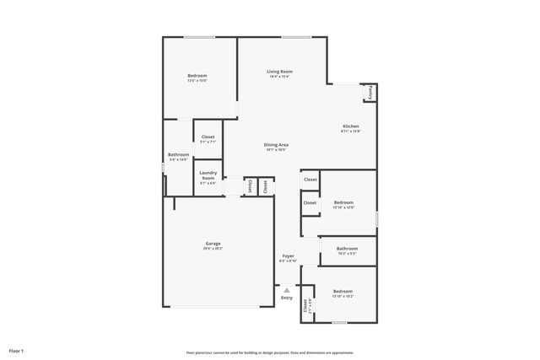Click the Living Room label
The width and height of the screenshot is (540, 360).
[x=279, y=72]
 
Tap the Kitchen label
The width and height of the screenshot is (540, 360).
[x=350, y=126]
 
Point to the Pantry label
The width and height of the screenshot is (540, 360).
[x=370, y=92]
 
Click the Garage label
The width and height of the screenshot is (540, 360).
[x=213, y=244]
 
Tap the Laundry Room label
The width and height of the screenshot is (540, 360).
[x=208, y=175]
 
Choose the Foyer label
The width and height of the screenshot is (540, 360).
[x=288, y=255]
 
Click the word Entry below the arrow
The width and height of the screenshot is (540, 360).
[x=287, y=298]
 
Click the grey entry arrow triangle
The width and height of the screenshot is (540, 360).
[x=287, y=289]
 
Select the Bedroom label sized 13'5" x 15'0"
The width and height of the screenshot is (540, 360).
[x=197, y=76]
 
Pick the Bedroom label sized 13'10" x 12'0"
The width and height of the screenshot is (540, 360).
[x=343, y=202]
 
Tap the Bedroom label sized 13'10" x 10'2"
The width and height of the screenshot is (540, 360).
[x=343, y=292]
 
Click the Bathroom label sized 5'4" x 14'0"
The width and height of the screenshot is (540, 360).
[x=178, y=154]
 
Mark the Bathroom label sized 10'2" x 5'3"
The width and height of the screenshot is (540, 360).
[x=347, y=249]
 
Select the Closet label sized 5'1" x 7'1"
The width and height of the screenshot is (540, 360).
[x=208, y=137]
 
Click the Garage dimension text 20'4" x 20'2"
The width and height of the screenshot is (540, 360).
[x=213, y=249]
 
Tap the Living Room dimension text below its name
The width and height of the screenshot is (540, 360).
[x=279, y=77]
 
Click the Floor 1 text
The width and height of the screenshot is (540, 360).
[x=16, y=350]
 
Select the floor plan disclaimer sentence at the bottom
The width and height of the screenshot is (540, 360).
[x=270, y=352]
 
